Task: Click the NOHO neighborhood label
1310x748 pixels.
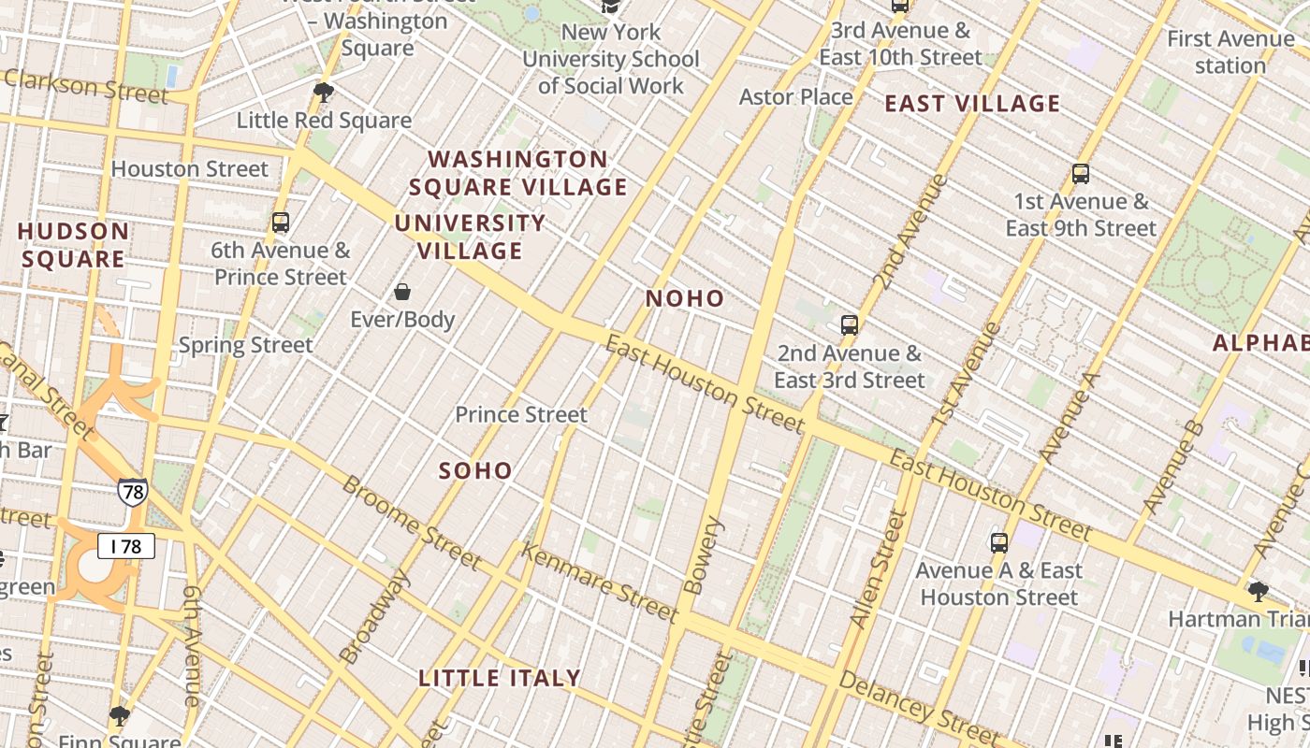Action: pos(685,298)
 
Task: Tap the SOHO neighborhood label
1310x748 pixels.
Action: pos(475,470)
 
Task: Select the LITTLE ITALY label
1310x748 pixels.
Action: pos(500,678)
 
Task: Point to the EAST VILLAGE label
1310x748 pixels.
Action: pos(972,104)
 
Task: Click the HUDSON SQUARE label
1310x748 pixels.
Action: pos(73,245)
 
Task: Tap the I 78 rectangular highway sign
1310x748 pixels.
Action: pos(126,545)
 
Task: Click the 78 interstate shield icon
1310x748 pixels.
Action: pos(132,491)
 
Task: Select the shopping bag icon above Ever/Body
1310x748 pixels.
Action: pos(402,292)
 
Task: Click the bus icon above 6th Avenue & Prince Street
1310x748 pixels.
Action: pos(281,223)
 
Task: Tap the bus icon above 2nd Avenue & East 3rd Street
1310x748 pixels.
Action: pos(850,325)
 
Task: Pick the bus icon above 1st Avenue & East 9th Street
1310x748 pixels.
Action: pos(1081,174)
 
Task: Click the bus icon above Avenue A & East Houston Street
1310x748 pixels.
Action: pos(999,542)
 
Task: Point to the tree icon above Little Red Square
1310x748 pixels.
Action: pos(324,92)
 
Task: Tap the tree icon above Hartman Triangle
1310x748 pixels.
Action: pos(1258,591)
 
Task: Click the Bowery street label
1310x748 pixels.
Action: pos(705,556)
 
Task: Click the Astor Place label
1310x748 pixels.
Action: pos(796,96)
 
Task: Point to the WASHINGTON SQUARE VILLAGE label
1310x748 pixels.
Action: pos(517,173)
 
